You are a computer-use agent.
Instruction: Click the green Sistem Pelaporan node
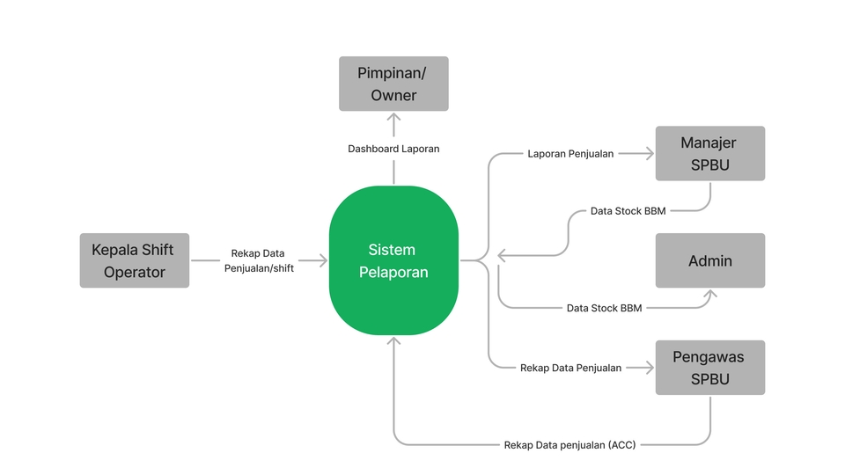coord(393,260)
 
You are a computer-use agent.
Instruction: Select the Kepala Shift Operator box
coord(135,260)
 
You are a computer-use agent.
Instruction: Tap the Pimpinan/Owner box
coord(393,84)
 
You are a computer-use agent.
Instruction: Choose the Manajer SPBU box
coord(709,153)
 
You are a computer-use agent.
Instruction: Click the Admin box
coord(709,260)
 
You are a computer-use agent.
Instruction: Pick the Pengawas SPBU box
coord(709,368)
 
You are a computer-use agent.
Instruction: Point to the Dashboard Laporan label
coord(393,149)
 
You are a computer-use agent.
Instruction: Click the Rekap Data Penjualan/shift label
coord(258,260)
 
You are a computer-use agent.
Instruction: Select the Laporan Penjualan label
coord(570,154)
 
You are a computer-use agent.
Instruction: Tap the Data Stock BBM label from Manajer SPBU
coord(628,211)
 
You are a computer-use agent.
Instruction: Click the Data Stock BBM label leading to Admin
coord(604,308)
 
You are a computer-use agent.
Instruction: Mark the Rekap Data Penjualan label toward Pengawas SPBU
coord(570,368)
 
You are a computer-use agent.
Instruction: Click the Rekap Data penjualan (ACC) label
coord(569,444)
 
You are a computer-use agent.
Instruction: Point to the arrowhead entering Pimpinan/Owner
coord(393,116)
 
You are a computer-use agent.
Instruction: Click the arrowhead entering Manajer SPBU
coord(650,154)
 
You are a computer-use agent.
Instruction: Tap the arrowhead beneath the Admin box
coord(709,294)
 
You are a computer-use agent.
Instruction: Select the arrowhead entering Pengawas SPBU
coord(650,368)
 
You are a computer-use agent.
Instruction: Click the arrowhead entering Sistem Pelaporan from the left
coord(323,260)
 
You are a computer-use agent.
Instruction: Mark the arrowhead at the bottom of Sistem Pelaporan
coord(393,340)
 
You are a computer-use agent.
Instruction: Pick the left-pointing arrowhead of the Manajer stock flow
coord(503,256)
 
